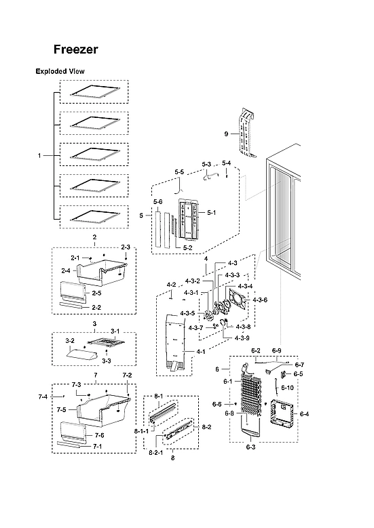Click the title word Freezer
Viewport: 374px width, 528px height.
click(76, 49)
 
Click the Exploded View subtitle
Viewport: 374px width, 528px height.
click(60, 71)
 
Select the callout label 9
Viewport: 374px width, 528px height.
click(227, 134)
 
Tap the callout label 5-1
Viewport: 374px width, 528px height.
click(210, 212)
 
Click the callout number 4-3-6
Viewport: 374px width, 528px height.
click(260, 300)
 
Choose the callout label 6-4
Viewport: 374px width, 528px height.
click(304, 414)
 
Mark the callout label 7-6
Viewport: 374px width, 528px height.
click(99, 434)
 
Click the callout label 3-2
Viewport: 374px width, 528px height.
click(69, 340)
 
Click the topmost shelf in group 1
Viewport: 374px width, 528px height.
click(94, 91)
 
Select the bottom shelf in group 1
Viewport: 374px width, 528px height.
click(94, 216)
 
